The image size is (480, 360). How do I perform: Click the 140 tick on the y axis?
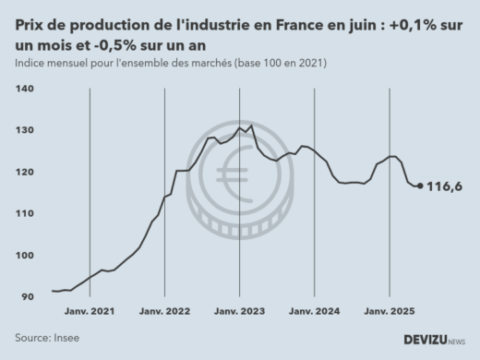[x=26, y=89]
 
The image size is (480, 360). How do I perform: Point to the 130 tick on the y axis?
[x=26, y=130]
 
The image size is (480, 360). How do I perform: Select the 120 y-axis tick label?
[x=26, y=172]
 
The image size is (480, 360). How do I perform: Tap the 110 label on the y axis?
[x=26, y=213]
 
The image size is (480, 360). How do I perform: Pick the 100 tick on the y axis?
[x=26, y=256]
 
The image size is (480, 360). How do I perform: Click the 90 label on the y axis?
[x=28, y=297]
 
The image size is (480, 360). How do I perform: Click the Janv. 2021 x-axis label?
[x=90, y=312]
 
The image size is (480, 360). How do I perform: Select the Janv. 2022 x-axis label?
[x=164, y=312]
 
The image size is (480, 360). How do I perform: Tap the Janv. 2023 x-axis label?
[x=239, y=312]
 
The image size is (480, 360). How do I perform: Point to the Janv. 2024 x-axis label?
[x=314, y=312]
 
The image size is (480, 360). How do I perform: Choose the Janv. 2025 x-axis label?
[x=389, y=312]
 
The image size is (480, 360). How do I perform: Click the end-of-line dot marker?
[x=421, y=186]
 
